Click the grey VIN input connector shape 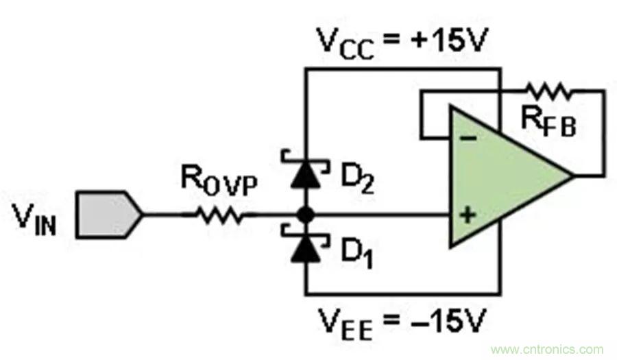click(x=108, y=215)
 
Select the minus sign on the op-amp click(x=468, y=138)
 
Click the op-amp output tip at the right click(x=570, y=176)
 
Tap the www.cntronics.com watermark click(x=548, y=349)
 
